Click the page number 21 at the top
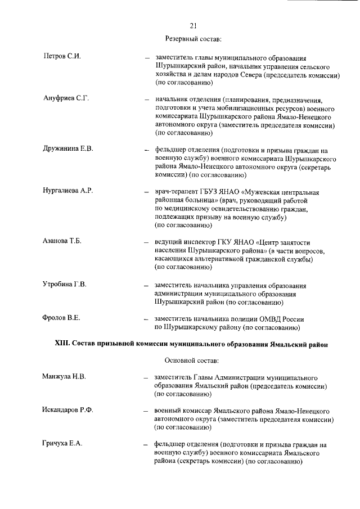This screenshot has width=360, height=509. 193,26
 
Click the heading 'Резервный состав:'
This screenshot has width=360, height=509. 193,39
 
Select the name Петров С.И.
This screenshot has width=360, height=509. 62,58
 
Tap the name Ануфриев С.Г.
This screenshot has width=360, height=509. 66,99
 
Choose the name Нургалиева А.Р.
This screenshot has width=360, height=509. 67,191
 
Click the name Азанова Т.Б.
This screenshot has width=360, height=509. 62,241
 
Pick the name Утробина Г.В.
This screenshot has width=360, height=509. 65,283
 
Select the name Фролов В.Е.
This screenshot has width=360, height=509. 61,318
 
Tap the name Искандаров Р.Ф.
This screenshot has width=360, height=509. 68,410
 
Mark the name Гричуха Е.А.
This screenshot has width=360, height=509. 63,444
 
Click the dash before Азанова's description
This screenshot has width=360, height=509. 146,242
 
